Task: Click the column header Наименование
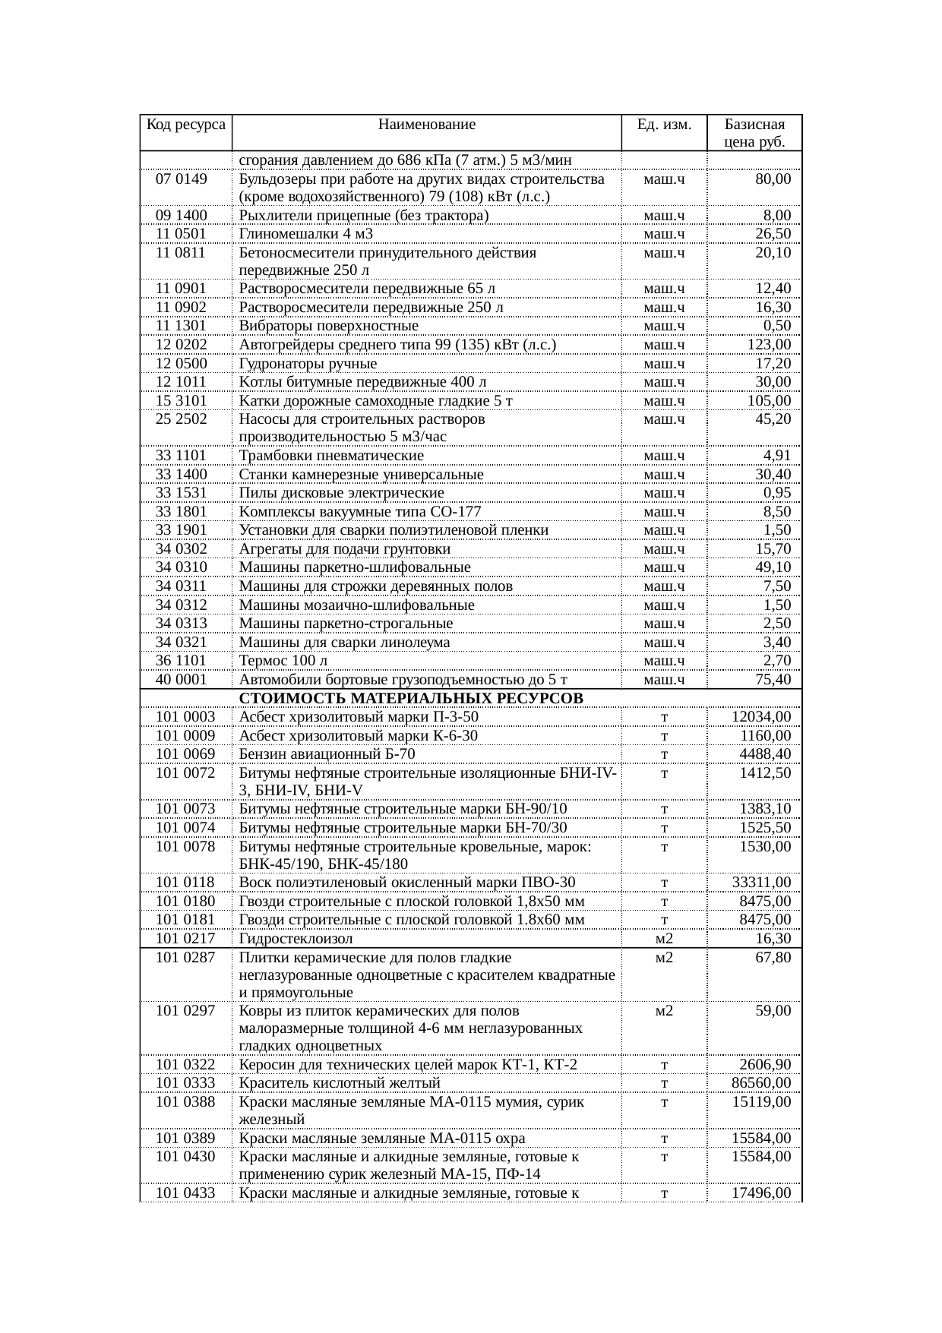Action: tap(426, 125)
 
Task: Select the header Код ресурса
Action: tap(185, 125)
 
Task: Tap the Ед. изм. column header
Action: tap(664, 125)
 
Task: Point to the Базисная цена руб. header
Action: tap(754, 133)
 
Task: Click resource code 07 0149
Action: tap(182, 179)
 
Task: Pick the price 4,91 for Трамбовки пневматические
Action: tap(776, 456)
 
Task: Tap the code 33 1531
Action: tap(182, 493)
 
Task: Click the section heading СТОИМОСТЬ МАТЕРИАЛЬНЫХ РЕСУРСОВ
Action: tap(411, 698)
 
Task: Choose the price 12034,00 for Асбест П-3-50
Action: tap(761, 717)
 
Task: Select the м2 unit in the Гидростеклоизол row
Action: tap(664, 939)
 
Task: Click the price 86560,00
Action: tap(761, 1083)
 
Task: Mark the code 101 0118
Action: tap(185, 883)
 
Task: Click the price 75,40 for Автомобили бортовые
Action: tap(773, 680)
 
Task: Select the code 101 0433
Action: tap(185, 1193)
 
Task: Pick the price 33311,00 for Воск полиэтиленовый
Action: tap(761, 883)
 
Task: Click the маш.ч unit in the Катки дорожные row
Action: tap(664, 401)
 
